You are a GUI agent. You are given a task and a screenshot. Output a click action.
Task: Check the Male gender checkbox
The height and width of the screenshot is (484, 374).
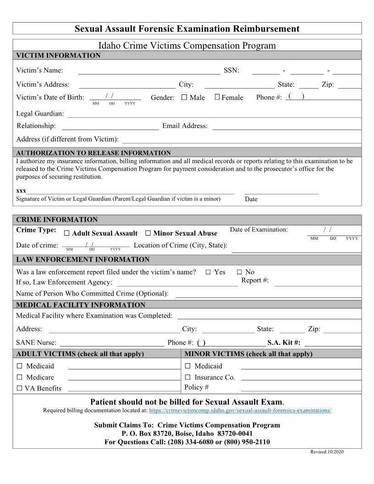(184, 97)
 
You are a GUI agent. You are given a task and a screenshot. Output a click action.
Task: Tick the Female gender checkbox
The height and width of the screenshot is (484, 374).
(217, 97)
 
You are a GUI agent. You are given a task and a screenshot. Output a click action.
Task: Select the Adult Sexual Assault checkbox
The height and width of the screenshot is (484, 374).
(67, 233)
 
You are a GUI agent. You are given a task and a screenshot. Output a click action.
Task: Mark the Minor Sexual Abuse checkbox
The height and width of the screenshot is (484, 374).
(148, 233)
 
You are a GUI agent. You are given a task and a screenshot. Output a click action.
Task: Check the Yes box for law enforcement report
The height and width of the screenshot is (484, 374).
(208, 272)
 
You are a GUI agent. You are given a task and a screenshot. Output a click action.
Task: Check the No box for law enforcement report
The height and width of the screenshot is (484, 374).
(239, 272)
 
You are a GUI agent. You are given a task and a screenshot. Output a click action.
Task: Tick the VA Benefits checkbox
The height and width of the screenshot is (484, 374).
(19, 388)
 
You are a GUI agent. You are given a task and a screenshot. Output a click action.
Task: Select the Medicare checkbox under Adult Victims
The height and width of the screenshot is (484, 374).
(19, 377)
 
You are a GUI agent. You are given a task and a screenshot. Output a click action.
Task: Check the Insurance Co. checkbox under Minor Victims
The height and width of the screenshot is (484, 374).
(187, 377)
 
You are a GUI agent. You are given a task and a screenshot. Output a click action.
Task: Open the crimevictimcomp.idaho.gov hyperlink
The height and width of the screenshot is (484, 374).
(240, 410)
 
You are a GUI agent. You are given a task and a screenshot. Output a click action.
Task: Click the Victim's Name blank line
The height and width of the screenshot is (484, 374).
(149, 71)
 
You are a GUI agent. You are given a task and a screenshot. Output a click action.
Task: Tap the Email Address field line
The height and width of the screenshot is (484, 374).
(286, 126)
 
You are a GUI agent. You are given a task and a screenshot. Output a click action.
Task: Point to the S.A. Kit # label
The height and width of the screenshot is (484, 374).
(284, 342)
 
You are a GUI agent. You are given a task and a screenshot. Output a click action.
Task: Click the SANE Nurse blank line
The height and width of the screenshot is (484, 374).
(112, 343)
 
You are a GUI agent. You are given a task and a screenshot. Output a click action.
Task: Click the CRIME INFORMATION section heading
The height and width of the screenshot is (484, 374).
(57, 220)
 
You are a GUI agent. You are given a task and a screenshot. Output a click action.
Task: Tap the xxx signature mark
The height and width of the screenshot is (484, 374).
(21, 190)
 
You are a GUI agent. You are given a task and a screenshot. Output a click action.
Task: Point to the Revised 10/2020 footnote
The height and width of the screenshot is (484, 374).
(327, 452)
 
